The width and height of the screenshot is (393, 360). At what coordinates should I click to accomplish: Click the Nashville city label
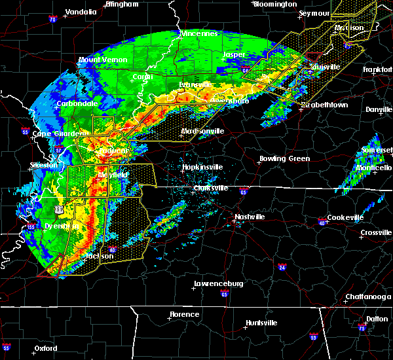(252, 217)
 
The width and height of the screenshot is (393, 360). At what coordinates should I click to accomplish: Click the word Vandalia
(81, 12)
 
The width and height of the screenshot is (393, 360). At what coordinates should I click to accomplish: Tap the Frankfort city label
(377, 68)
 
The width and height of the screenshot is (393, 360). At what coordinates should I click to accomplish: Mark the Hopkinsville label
(202, 167)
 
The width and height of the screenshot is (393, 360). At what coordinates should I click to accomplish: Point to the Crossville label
(376, 232)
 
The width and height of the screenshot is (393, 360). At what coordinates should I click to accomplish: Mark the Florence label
(184, 314)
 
